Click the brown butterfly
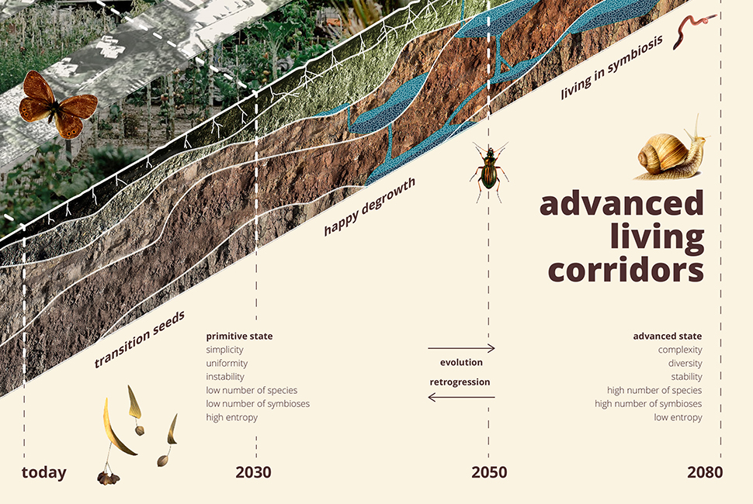pyautogui.click(x=57, y=105)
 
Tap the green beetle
pyautogui.click(x=489, y=171)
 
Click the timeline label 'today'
pyautogui.click(x=44, y=472)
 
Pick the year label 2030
pyautogui.click(x=253, y=472)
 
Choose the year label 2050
pyautogui.click(x=489, y=472)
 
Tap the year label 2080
pyautogui.click(x=705, y=472)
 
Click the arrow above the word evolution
pyautogui.click(x=461, y=348)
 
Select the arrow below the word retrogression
pyautogui.click(x=461, y=397)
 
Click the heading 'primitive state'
pyautogui.click(x=239, y=337)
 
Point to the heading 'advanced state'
pyautogui.click(x=668, y=337)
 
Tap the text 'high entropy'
pyautogui.click(x=232, y=417)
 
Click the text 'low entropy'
pyautogui.click(x=678, y=417)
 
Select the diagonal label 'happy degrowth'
pyautogui.click(x=370, y=207)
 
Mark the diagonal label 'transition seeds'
pyautogui.click(x=139, y=339)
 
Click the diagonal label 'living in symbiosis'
pyautogui.click(x=612, y=67)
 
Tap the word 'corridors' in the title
pyautogui.click(x=626, y=271)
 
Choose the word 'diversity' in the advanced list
pyautogui.click(x=685, y=364)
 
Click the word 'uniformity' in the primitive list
pyautogui.click(x=227, y=364)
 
